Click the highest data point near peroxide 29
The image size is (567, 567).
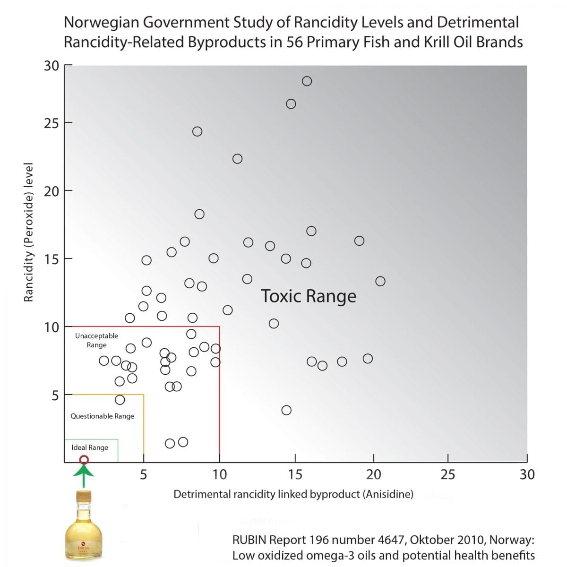click(x=307, y=81)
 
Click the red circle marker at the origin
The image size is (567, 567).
click(x=84, y=460)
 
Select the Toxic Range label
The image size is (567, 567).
click(x=309, y=296)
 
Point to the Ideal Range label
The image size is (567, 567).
click(x=90, y=447)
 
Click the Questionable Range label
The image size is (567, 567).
click(x=102, y=416)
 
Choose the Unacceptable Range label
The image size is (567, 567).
click(x=96, y=340)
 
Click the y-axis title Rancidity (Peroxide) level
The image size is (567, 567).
click(x=29, y=232)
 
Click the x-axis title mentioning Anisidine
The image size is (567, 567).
click(x=293, y=494)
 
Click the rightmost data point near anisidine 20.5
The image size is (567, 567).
click(x=380, y=281)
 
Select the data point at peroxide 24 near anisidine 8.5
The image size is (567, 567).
click(x=198, y=131)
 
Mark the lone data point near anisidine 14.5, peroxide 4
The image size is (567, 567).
click(x=286, y=410)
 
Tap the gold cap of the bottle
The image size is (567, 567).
click(x=84, y=496)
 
